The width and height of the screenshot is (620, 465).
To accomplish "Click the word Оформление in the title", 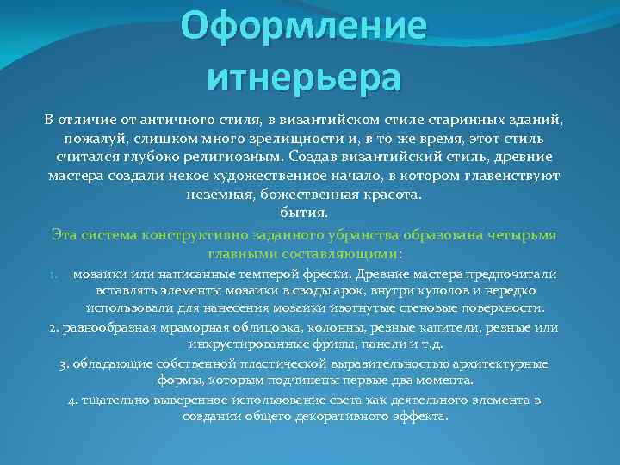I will [304, 28].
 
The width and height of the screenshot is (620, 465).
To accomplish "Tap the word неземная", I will [217, 194].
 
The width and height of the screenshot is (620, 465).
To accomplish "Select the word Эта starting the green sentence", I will [65, 234].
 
